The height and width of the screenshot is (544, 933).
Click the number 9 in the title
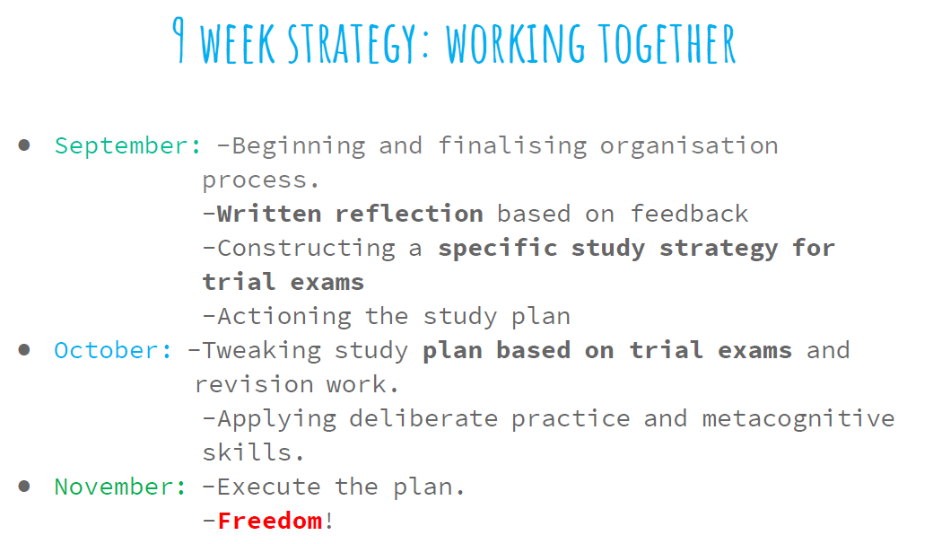coord(179,39)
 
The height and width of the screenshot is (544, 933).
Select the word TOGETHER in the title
coord(667,43)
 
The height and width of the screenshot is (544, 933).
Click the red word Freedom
coord(269,521)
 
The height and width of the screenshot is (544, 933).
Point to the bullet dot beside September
coord(24,145)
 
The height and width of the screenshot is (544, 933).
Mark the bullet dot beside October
coord(24,350)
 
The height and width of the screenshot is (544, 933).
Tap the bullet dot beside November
coord(24,487)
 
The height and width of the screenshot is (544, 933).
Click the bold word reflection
coord(409,215)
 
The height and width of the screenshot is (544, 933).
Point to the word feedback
coord(690,215)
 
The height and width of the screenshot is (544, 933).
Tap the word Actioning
coord(284,317)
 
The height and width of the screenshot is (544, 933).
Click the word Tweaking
coord(262,352)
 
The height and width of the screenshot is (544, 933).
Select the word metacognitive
coord(798,419)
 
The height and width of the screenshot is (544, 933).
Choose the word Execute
coord(269,487)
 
